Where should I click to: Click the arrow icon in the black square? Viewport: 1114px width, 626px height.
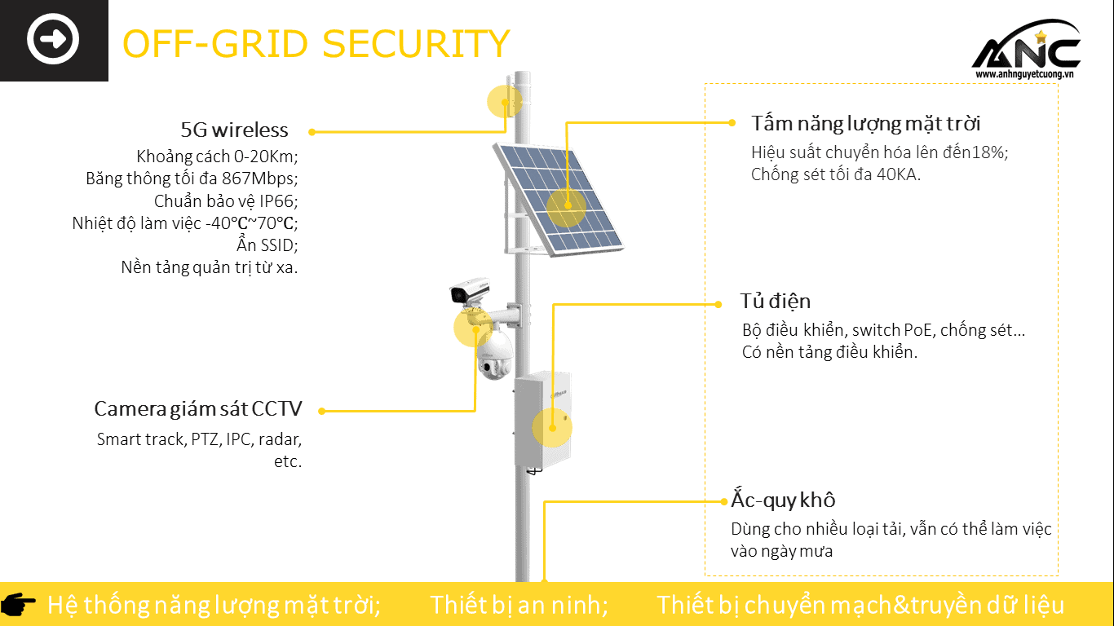tap(53, 39)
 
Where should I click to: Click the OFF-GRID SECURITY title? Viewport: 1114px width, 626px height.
tap(316, 43)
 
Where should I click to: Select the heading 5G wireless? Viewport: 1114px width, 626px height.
tap(235, 130)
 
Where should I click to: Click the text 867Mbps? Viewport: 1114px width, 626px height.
tap(259, 178)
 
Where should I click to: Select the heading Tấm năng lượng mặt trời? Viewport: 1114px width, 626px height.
tap(865, 123)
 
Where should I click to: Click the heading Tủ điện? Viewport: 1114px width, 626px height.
tap(775, 301)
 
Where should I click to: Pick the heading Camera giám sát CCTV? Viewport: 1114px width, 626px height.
tap(198, 408)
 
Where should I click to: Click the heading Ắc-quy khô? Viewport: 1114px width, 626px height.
tap(783, 500)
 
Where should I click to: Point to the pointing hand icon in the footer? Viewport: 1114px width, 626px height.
tap(19, 604)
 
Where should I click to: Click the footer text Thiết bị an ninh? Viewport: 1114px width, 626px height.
tap(519, 605)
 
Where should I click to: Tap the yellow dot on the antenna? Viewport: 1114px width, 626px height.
tap(505, 102)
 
